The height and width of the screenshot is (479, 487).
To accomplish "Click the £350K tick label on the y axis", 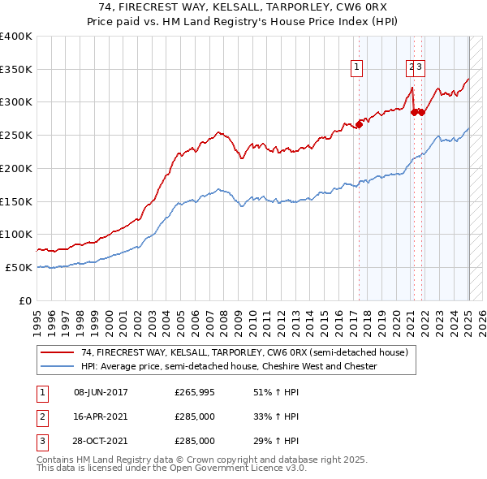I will pyautogui.click(x=16, y=69).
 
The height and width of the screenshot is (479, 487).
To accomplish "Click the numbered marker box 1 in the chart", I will pyautogui.click(x=357, y=68).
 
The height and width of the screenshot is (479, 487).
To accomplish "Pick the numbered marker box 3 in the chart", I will pyautogui.click(x=420, y=68).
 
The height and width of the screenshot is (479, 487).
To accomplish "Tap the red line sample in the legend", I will pyautogui.click(x=58, y=352).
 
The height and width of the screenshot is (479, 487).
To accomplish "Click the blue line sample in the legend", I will pyautogui.click(x=58, y=366).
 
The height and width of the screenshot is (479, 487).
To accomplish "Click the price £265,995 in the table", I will pyautogui.click(x=195, y=392).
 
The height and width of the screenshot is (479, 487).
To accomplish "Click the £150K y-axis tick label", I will pyautogui.click(x=16, y=201).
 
